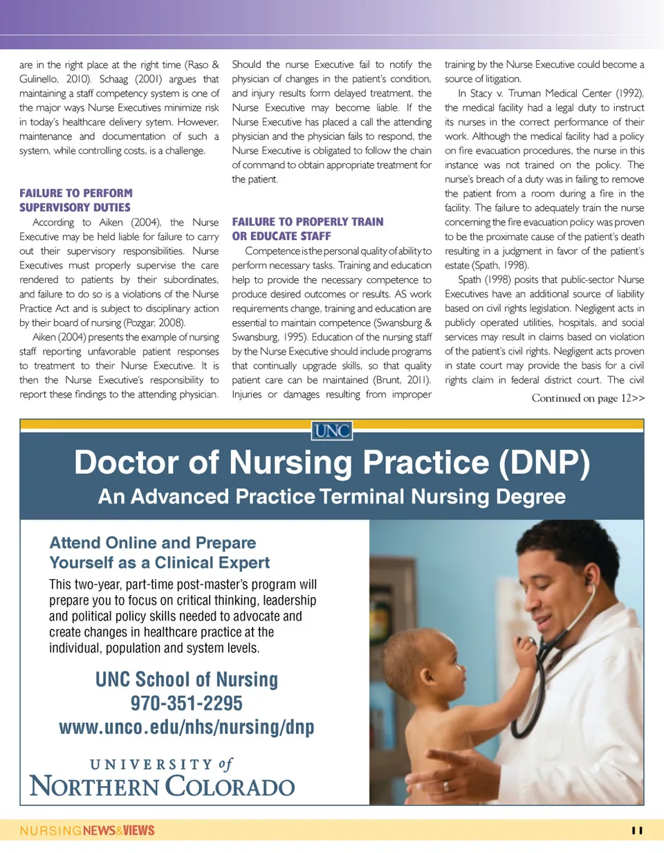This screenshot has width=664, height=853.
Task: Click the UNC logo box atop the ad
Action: [332, 431]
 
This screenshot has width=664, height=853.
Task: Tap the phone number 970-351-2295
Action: [187, 704]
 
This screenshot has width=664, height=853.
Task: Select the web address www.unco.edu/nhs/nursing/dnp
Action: [187, 727]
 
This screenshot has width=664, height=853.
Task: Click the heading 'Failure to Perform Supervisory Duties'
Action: [75, 200]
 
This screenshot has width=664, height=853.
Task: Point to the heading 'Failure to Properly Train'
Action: [308, 222]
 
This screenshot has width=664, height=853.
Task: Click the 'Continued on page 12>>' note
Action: [588, 398]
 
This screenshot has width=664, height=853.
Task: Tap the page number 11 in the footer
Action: [637, 830]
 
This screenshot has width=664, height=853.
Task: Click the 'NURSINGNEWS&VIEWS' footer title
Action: [87, 830]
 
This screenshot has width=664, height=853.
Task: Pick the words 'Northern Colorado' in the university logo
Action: [163, 787]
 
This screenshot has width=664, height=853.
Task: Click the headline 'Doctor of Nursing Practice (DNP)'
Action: [332, 462]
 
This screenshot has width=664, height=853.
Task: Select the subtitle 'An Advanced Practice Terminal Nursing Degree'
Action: [332, 497]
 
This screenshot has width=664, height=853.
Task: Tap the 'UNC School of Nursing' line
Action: [187, 679]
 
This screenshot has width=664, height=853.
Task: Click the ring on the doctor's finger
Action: [446, 786]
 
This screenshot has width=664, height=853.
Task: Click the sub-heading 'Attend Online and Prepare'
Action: [153, 542]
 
